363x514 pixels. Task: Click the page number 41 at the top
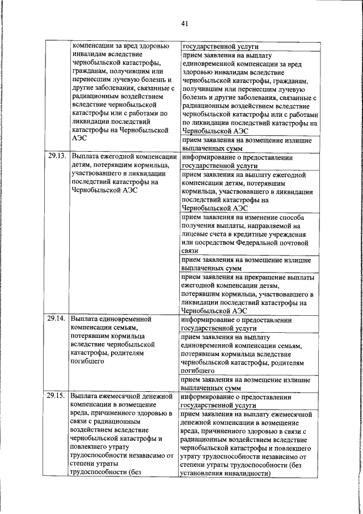[x=185, y=23]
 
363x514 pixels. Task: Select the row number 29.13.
[x=56, y=155]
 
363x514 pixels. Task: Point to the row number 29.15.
[x=56, y=396]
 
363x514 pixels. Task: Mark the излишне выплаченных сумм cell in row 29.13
[x=245, y=264]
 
